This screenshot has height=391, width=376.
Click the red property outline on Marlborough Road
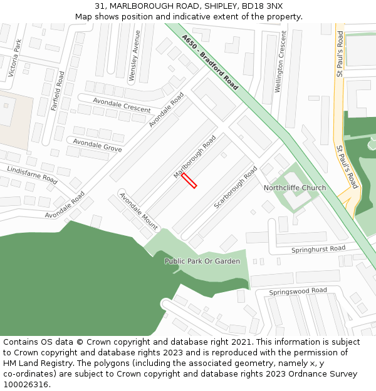click(x=189, y=181)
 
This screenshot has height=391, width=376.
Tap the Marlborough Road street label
click(x=194, y=156)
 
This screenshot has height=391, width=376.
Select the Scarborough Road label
click(x=236, y=187)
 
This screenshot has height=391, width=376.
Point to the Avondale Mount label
click(x=138, y=211)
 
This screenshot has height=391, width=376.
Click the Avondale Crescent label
click(x=122, y=104)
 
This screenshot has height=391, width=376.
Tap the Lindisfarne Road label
click(x=32, y=175)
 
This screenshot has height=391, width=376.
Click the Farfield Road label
click(x=58, y=91)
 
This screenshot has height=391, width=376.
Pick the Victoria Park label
click(x=15, y=58)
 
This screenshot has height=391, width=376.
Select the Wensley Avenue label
click(x=135, y=56)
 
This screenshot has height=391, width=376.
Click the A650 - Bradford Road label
click(x=210, y=62)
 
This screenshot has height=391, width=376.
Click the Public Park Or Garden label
click(x=202, y=261)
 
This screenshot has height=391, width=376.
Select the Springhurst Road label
click(x=318, y=249)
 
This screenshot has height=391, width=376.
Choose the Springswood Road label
click(x=298, y=292)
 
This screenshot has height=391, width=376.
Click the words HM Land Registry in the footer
click(x=36, y=363)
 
